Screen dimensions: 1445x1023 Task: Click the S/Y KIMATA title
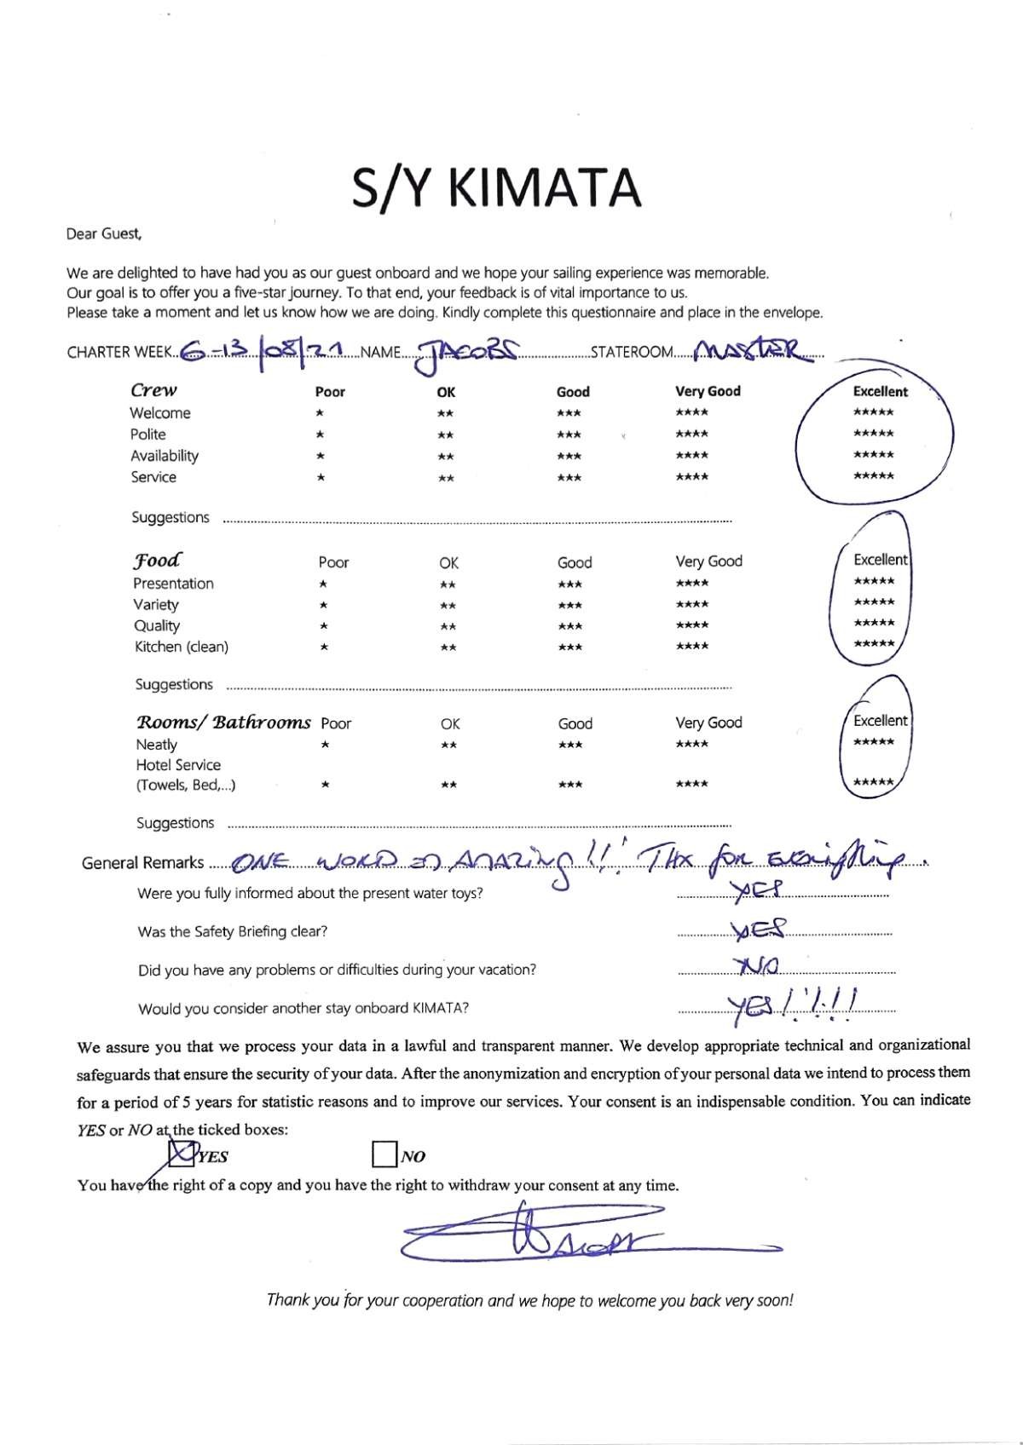pos(496,188)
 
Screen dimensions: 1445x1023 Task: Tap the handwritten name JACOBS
pos(465,353)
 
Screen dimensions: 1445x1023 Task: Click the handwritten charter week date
pos(264,349)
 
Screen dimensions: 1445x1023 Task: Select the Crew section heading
pos(153,390)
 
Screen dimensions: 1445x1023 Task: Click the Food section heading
pos(157,561)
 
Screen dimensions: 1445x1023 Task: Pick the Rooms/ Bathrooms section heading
pos(223,722)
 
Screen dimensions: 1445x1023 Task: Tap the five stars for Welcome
pos(873,413)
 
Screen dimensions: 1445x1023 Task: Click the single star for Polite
pos(320,435)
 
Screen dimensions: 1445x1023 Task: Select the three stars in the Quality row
pos(569,626)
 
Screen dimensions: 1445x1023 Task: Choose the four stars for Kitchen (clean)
pos(691,647)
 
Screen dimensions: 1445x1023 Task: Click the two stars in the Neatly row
pos(448,746)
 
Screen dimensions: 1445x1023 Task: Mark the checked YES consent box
pos(181,1154)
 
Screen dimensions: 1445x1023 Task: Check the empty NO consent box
pos(384,1154)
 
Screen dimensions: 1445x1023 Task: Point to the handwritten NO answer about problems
pos(756,965)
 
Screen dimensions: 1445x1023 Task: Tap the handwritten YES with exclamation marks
pos(793,1003)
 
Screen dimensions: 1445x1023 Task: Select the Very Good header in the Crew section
pos(708,391)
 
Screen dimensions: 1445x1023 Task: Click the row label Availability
pos(165,456)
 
